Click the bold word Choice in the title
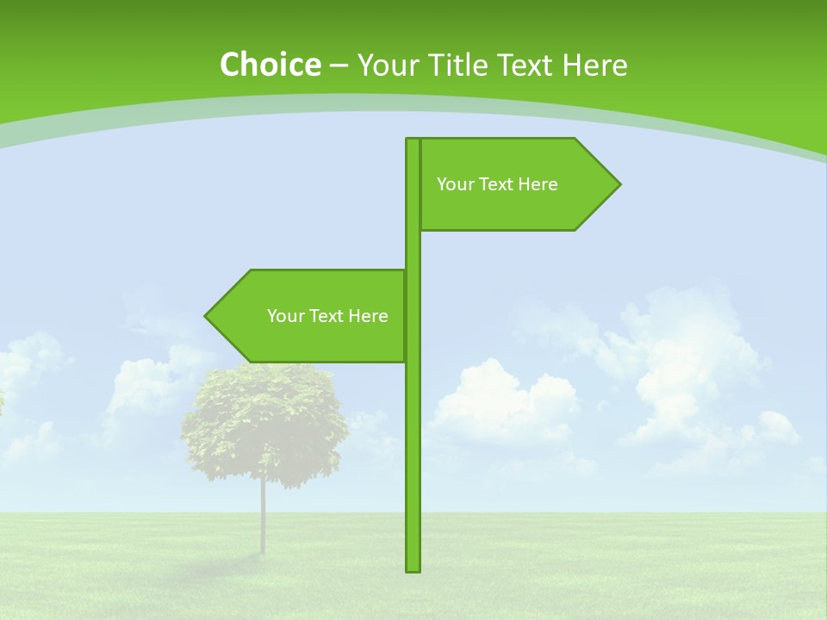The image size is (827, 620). click(x=270, y=65)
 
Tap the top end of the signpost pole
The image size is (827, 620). click(x=413, y=141)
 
